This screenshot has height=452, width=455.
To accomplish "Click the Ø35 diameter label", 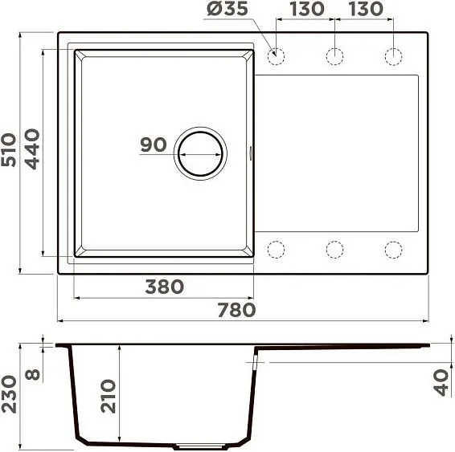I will (227, 10).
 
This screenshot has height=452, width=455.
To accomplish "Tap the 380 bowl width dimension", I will (164, 287).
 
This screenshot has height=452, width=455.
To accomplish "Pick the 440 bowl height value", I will (32, 149).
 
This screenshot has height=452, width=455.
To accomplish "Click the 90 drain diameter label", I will (153, 145).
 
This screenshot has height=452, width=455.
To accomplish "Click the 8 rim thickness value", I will (32, 375).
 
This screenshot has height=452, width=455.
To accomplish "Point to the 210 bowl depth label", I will (109, 396).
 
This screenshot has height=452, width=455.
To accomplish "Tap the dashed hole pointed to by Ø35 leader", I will (276, 56).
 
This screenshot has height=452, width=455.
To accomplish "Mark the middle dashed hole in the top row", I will (334, 56).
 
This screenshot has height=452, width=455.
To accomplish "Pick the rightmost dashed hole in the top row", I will (393, 56).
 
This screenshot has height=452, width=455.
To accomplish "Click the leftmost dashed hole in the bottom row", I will (276, 249).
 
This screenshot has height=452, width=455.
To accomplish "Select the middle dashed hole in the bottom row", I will (334, 249).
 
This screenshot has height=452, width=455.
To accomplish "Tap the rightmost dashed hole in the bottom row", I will (393, 249).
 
